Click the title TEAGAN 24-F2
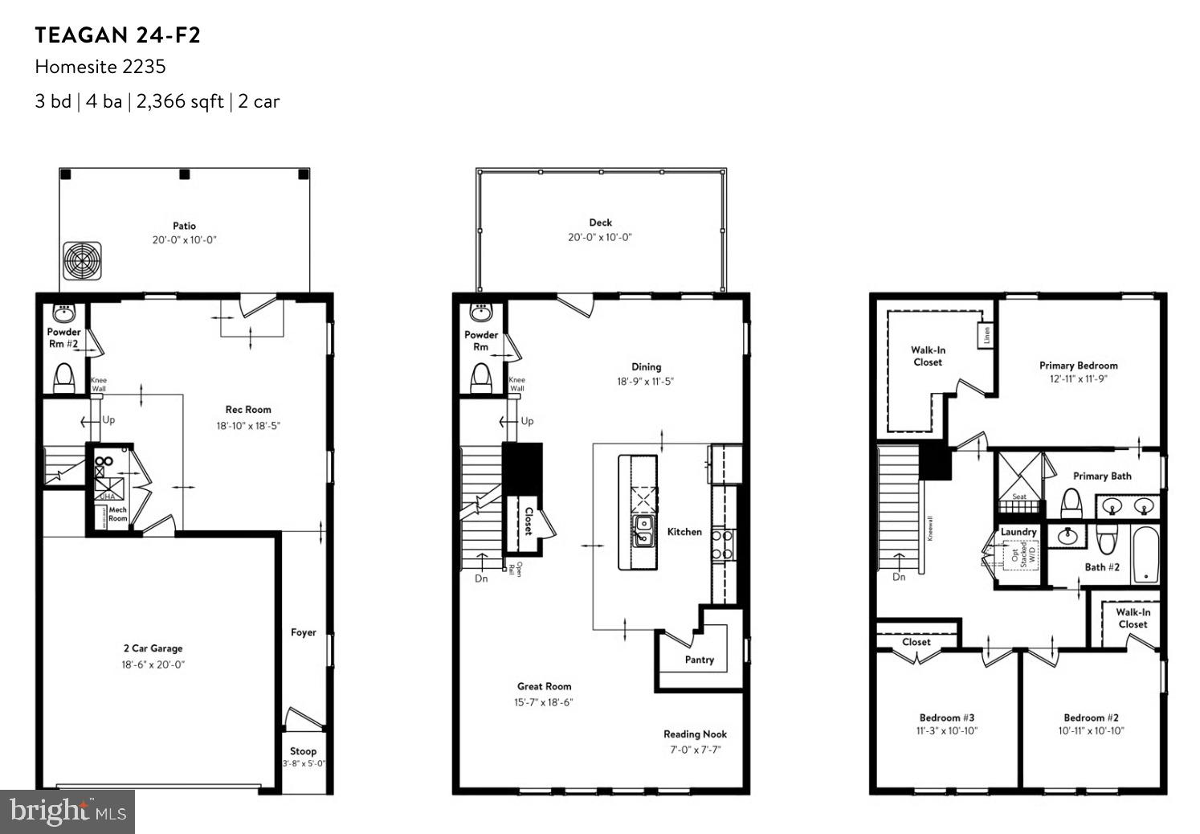pos(117,35)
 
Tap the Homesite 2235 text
pos(100,67)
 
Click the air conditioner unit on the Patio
pos(83,260)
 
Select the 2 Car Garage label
pos(153,648)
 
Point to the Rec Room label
pos(248,410)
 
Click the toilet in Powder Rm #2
pos(64,378)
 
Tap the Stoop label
pos(303,751)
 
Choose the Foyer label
pos(304,632)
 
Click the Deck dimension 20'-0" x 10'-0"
pos(600,237)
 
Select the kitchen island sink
pos(643,531)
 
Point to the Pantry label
pos(700,660)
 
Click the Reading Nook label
pos(695,734)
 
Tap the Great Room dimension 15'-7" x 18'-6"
pos(544,702)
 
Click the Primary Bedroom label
pos(1078,366)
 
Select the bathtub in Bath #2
pos(1146,554)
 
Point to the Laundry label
pos(1018,532)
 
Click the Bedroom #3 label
pos(947,717)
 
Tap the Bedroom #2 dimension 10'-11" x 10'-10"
pos(1091,731)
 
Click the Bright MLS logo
pos(67,812)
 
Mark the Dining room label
pos(646,367)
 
